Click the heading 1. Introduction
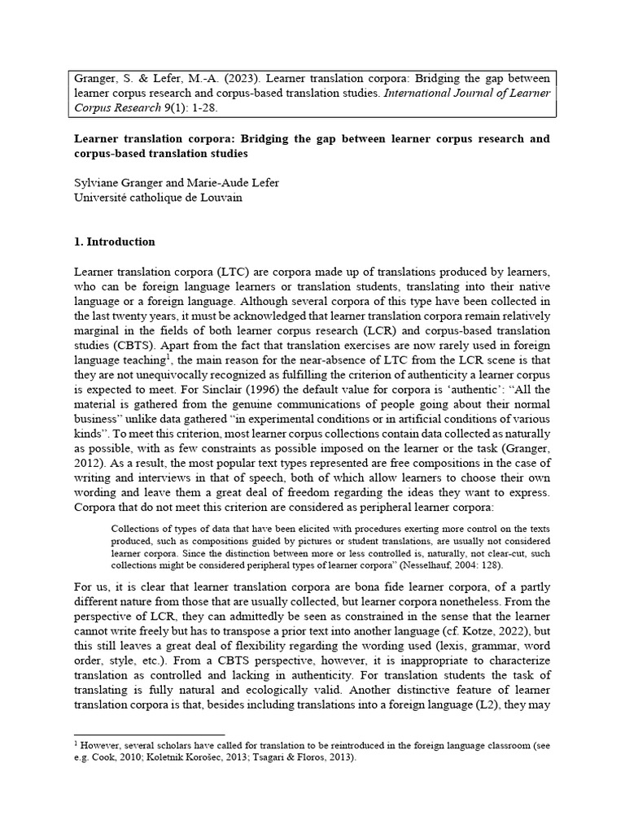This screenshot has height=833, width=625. (x=115, y=242)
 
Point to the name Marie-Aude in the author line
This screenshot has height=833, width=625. (x=216, y=183)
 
